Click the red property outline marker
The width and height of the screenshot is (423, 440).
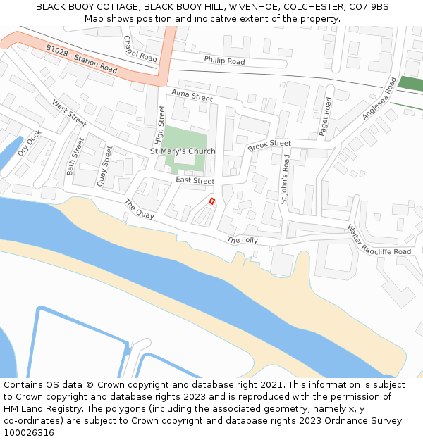(x=211, y=201)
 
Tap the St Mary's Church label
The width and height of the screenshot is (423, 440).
(x=183, y=151)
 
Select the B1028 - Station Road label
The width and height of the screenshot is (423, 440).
(x=82, y=59)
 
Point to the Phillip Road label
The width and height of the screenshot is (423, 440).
(x=224, y=61)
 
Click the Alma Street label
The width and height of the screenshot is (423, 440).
(x=192, y=96)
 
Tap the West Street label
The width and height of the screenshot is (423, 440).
(x=69, y=113)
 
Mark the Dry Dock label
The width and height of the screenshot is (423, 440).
(x=30, y=143)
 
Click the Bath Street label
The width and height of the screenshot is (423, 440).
(x=74, y=156)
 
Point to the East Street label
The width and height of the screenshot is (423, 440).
(x=195, y=181)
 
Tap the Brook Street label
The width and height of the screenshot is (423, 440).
(x=269, y=144)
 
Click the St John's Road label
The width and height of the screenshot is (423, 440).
(x=286, y=180)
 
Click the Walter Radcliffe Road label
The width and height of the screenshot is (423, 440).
(x=378, y=240)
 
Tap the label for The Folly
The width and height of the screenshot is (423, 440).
(x=242, y=240)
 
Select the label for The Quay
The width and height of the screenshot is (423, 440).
(x=139, y=209)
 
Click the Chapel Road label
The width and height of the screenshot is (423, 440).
(x=140, y=49)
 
